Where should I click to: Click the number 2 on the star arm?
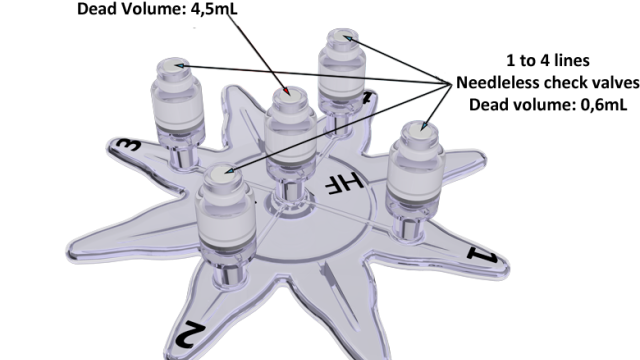coord(190,335)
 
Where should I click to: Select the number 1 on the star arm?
coord(482,255)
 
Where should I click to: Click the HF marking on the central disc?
coord(344,182)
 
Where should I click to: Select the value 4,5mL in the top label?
coord(214,9)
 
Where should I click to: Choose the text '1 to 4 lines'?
coord(548,61)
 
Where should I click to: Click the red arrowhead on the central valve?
coord(287,91)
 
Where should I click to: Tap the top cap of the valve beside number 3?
coord(174,65)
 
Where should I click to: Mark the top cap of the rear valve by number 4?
coord(342,37)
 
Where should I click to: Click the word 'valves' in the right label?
coord(618,83)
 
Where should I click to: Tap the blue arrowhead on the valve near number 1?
coord(424,125)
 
